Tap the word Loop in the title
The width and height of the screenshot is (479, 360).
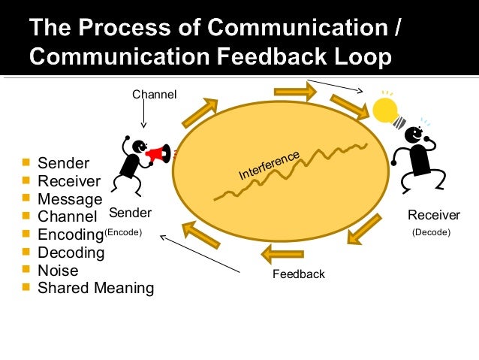pos(369,57)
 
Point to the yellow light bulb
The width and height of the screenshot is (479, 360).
pos(387,109)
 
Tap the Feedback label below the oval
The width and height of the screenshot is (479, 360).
pos(298,274)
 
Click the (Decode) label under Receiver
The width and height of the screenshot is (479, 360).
pos(431,233)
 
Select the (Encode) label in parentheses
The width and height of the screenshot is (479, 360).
pos(122,233)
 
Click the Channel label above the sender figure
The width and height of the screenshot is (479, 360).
pos(154,95)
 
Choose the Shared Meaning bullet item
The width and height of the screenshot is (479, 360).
pos(95,288)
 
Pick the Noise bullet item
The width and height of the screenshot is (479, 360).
pos(58,271)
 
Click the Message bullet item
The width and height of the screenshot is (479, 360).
pos(70,199)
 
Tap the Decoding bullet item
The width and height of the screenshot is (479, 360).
pos(71,253)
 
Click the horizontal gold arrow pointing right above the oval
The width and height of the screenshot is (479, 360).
pos(294,92)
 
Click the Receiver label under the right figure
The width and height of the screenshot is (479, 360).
pos(433,216)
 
